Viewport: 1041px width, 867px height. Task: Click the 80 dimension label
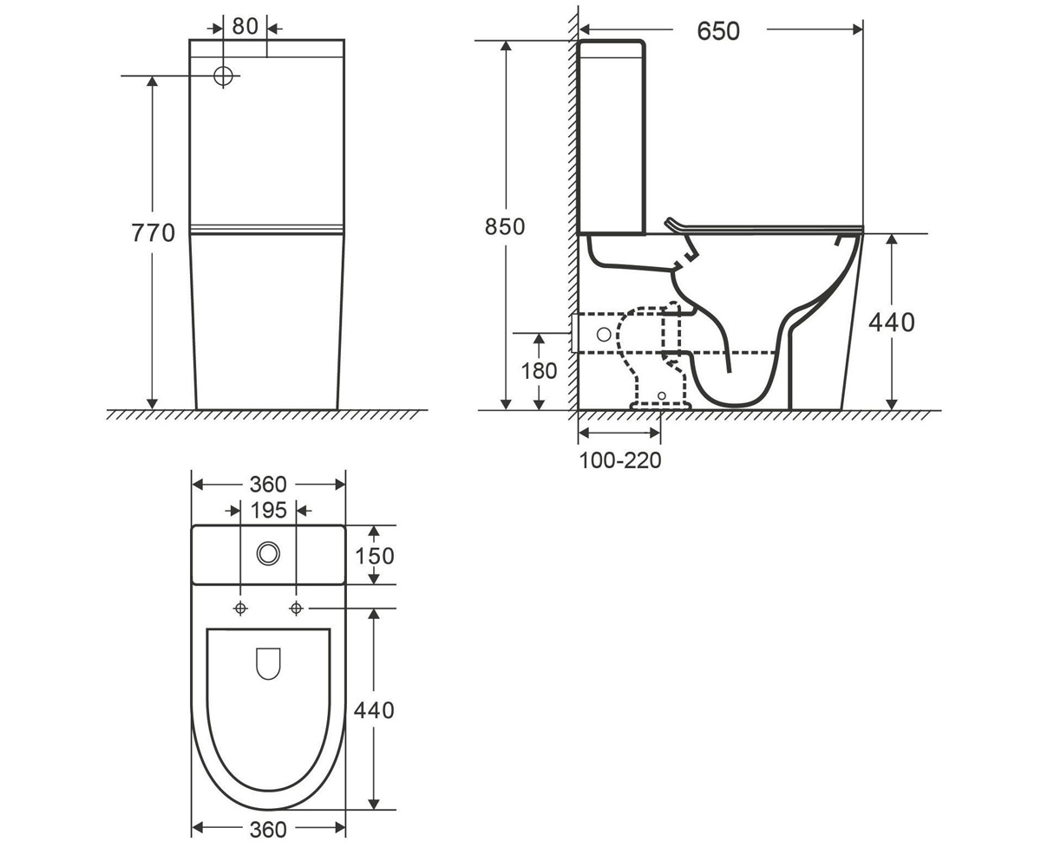coord(245,26)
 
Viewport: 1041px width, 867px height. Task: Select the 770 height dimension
coord(153,232)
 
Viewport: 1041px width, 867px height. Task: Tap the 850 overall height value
coord(505,226)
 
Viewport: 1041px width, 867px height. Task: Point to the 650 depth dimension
coord(718,31)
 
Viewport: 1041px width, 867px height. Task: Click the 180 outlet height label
coord(539,371)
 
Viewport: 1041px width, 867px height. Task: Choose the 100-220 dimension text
coord(620,460)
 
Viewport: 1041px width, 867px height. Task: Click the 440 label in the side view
coord(892,323)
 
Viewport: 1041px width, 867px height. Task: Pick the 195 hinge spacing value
coord(268,511)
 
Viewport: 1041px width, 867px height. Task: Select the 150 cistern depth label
coord(375,556)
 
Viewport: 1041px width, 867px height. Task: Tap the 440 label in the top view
coord(374,710)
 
